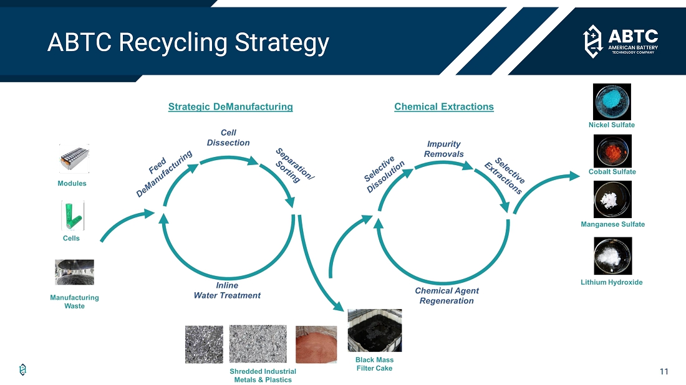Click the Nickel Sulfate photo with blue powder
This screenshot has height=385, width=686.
[612, 102]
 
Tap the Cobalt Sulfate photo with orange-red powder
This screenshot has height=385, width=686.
[612, 151]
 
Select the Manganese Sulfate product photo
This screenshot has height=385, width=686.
[612, 199]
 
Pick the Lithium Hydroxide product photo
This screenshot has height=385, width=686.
[613, 256]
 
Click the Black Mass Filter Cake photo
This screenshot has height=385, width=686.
[375, 330]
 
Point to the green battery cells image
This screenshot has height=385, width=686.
[72, 216]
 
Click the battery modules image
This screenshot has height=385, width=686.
[74, 159]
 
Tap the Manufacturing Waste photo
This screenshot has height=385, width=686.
[74, 272]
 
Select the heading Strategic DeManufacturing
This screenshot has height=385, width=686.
[231, 107]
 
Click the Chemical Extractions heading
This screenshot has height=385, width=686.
[444, 107]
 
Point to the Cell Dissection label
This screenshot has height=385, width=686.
[228, 138]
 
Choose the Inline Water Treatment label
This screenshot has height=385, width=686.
[227, 290]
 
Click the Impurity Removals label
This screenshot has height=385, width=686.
[443, 149]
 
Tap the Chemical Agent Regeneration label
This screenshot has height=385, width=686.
[447, 296]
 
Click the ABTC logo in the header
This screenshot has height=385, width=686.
[621, 42]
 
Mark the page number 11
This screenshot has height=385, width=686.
[664, 371]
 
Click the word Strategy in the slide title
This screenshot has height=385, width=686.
[282, 43]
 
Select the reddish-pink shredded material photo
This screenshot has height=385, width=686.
[316, 345]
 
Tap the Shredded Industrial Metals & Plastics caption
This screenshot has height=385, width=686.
[263, 376]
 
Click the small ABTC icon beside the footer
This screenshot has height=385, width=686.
[22, 369]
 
